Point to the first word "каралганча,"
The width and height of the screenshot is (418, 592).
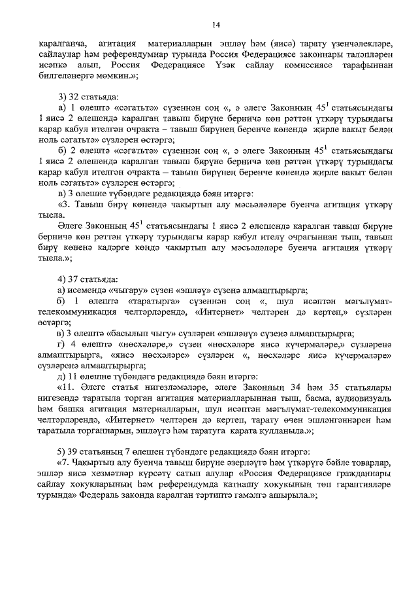point(61,42)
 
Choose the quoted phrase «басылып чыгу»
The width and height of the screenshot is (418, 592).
point(140,332)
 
